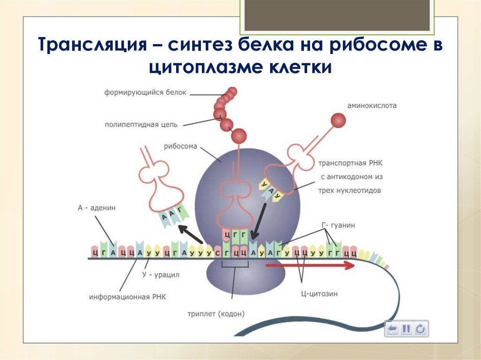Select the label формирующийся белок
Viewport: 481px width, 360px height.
(x=145, y=92)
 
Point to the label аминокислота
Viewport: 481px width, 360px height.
(x=372, y=106)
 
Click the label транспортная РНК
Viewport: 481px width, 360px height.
(x=350, y=164)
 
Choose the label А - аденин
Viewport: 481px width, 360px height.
(x=97, y=207)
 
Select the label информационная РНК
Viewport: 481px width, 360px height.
(x=127, y=297)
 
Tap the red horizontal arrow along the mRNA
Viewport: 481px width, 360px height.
(x=310, y=266)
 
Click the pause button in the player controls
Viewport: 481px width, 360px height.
(x=406, y=329)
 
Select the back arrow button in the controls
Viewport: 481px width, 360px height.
(x=393, y=329)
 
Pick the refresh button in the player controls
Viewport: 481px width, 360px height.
(x=420, y=329)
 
